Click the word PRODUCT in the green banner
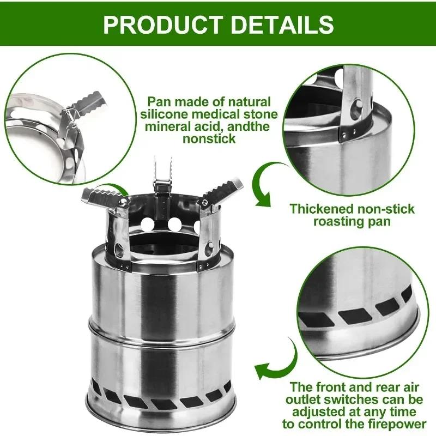(159, 24)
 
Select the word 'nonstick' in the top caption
(209, 138)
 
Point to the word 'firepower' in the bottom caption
(391, 423)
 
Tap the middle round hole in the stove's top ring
(175, 224)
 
